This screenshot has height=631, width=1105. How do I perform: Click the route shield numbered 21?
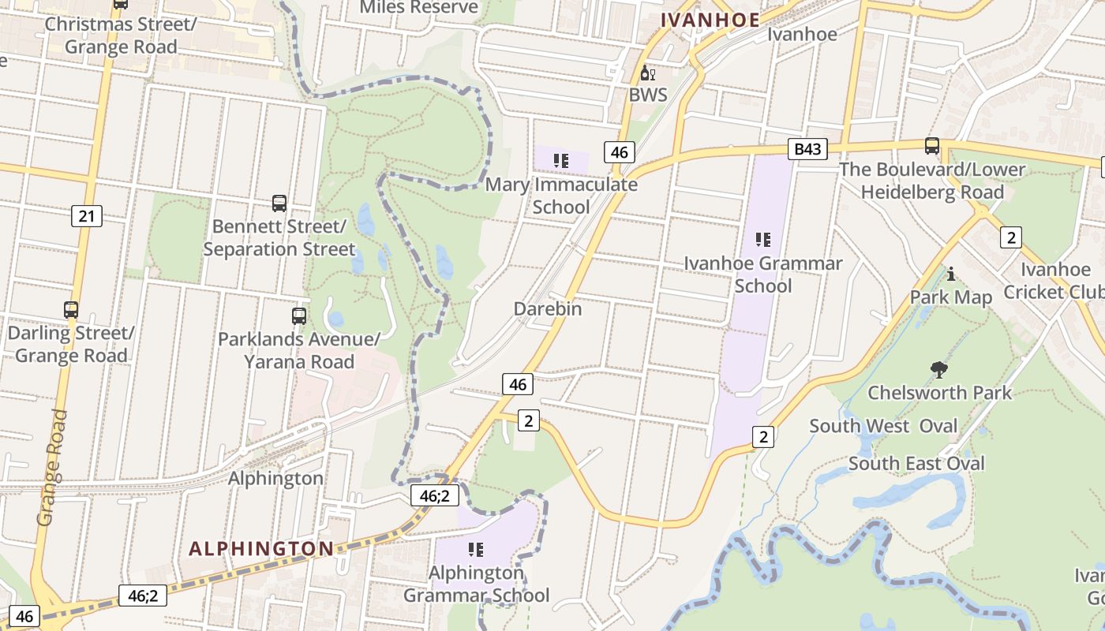coord(86,215)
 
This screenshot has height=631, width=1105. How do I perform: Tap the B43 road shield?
coord(807,149)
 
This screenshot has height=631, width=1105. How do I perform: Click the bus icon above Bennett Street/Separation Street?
coord(279,203)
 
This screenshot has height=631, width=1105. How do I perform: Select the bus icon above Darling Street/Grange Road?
coord(71,310)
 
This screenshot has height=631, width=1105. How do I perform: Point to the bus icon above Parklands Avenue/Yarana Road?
coord(299,316)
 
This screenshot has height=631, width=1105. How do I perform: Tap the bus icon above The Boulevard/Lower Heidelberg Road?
coord(932,146)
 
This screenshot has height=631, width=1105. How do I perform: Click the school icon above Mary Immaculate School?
coord(561,161)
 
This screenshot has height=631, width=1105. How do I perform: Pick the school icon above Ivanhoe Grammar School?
coord(762,239)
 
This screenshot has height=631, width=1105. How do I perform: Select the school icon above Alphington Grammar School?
coord(476,549)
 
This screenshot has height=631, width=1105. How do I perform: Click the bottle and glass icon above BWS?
coord(647,73)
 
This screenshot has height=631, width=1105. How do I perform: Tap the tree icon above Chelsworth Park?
coord(938,369)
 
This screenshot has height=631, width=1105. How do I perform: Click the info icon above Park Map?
coord(951,274)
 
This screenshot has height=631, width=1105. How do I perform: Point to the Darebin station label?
coord(548,309)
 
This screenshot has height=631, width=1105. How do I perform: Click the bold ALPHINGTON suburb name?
coord(261,549)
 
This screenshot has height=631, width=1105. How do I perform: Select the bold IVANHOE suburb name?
coord(710,20)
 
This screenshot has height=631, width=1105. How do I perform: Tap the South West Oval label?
coord(883,427)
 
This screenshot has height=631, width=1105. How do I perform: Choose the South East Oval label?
coord(916,464)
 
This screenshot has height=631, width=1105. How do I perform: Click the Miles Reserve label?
coord(419,7)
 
